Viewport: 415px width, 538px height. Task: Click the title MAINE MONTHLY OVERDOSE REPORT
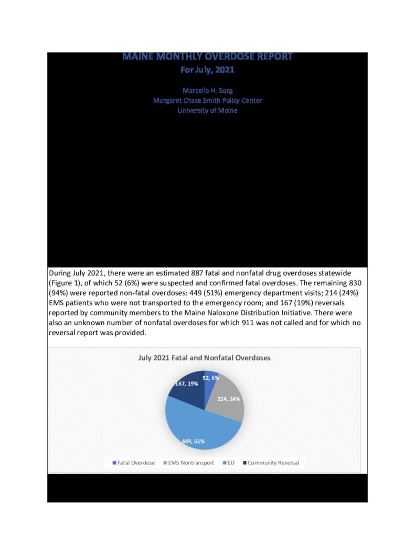pyautogui.click(x=207, y=57)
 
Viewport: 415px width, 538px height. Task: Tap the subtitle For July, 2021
pyautogui.click(x=207, y=69)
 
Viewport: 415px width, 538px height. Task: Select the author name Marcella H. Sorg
pyautogui.click(x=207, y=90)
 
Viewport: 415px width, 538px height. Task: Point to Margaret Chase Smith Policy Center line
pyautogui.click(x=207, y=100)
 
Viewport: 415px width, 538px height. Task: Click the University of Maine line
pyautogui.click(x=207, y=110)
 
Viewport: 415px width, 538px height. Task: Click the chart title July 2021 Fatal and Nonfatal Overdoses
pyautogui.click(x=204, y=358)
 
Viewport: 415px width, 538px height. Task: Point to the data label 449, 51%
pyautogui.click(x=193, y=441)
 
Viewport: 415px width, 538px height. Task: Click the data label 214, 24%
pyautogui.click(x=228, y=399)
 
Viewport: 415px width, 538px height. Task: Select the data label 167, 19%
pyautogui.click(x=186, y=384)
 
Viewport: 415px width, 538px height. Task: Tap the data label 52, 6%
pyautogui.click(x=211, y=377)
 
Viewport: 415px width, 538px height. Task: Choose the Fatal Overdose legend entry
pyautogui.click(x=134, y=463)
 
